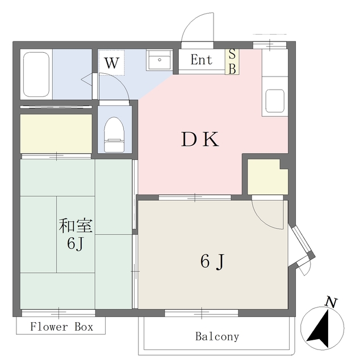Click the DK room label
[200, 139]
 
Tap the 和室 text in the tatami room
[76, 226]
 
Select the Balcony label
[217, 336]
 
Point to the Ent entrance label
[201, 60]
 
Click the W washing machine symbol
[112, 63]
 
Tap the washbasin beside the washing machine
[160, 60]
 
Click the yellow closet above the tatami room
[56, 133]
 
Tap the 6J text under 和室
[76, 244]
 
